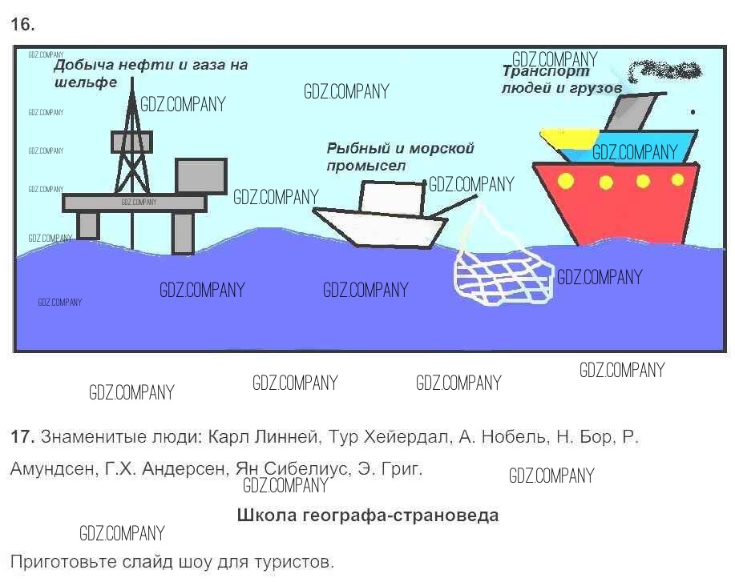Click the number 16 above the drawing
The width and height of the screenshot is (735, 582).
coord(22,25)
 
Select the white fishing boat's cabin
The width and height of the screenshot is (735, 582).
coord(392,198)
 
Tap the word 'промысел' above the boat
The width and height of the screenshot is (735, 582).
coord(366,166)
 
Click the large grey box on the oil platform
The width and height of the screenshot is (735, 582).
coord(200,175)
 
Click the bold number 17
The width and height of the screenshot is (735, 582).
coord(22,438)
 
